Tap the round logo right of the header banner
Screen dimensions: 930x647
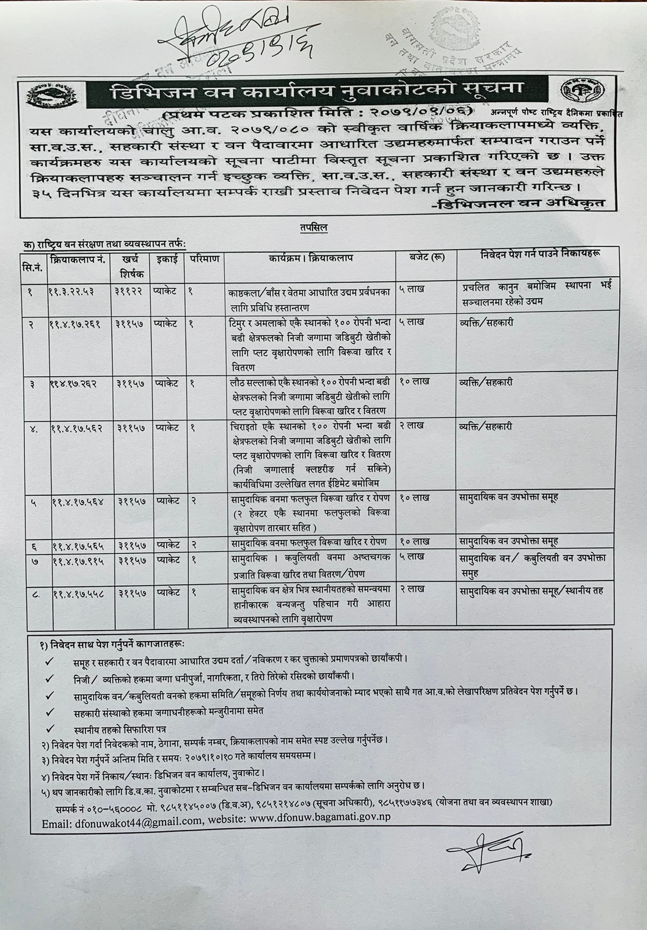581,91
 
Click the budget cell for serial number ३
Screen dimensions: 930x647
415,382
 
